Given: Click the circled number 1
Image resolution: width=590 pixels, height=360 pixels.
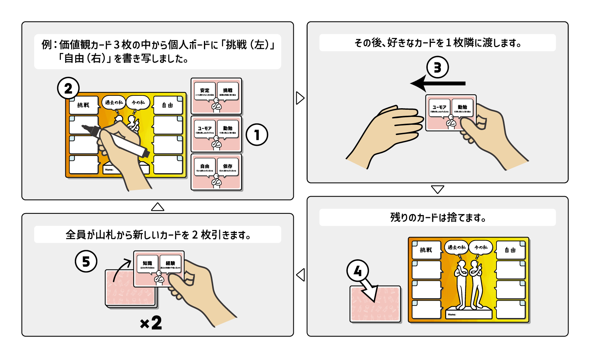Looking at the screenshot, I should tap(257, 135).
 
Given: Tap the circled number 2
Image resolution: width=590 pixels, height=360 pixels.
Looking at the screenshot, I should tap(68, 88).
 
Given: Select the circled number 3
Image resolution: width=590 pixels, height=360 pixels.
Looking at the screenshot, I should tap(438, 67).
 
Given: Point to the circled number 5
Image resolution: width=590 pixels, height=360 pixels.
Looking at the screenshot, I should tap(86, 261).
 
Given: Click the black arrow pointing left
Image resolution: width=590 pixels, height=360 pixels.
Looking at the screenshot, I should tap(438, 83).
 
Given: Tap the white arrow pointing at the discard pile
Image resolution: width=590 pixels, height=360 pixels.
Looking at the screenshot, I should tap(370, 290).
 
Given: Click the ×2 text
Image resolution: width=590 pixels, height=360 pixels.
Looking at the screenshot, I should tap(151, 323).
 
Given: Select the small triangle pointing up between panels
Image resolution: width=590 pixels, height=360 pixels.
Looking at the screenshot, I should tap(157, 207).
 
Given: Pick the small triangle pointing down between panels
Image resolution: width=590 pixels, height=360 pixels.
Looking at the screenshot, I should tap(438, 189).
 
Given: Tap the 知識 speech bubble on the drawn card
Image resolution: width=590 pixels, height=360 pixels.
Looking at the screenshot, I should tap(147, 264).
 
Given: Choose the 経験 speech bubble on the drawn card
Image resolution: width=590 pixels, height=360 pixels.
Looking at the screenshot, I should tap(170, 264).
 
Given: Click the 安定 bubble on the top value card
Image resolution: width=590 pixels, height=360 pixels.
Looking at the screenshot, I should tap(205, 91).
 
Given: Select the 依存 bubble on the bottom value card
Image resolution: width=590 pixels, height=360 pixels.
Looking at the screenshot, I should tap(228, 167).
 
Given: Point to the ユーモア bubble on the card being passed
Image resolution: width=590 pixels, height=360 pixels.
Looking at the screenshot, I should tap(439, 108).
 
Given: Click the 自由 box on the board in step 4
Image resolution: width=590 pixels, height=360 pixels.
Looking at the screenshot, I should tap(510, 250).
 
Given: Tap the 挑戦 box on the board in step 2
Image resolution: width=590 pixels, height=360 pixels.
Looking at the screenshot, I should tap(83, 105).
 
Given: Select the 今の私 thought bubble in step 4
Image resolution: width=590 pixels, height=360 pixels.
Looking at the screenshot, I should tap(481, 247).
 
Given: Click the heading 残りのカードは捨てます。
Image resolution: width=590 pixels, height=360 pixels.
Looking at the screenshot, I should tap(438, 217).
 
